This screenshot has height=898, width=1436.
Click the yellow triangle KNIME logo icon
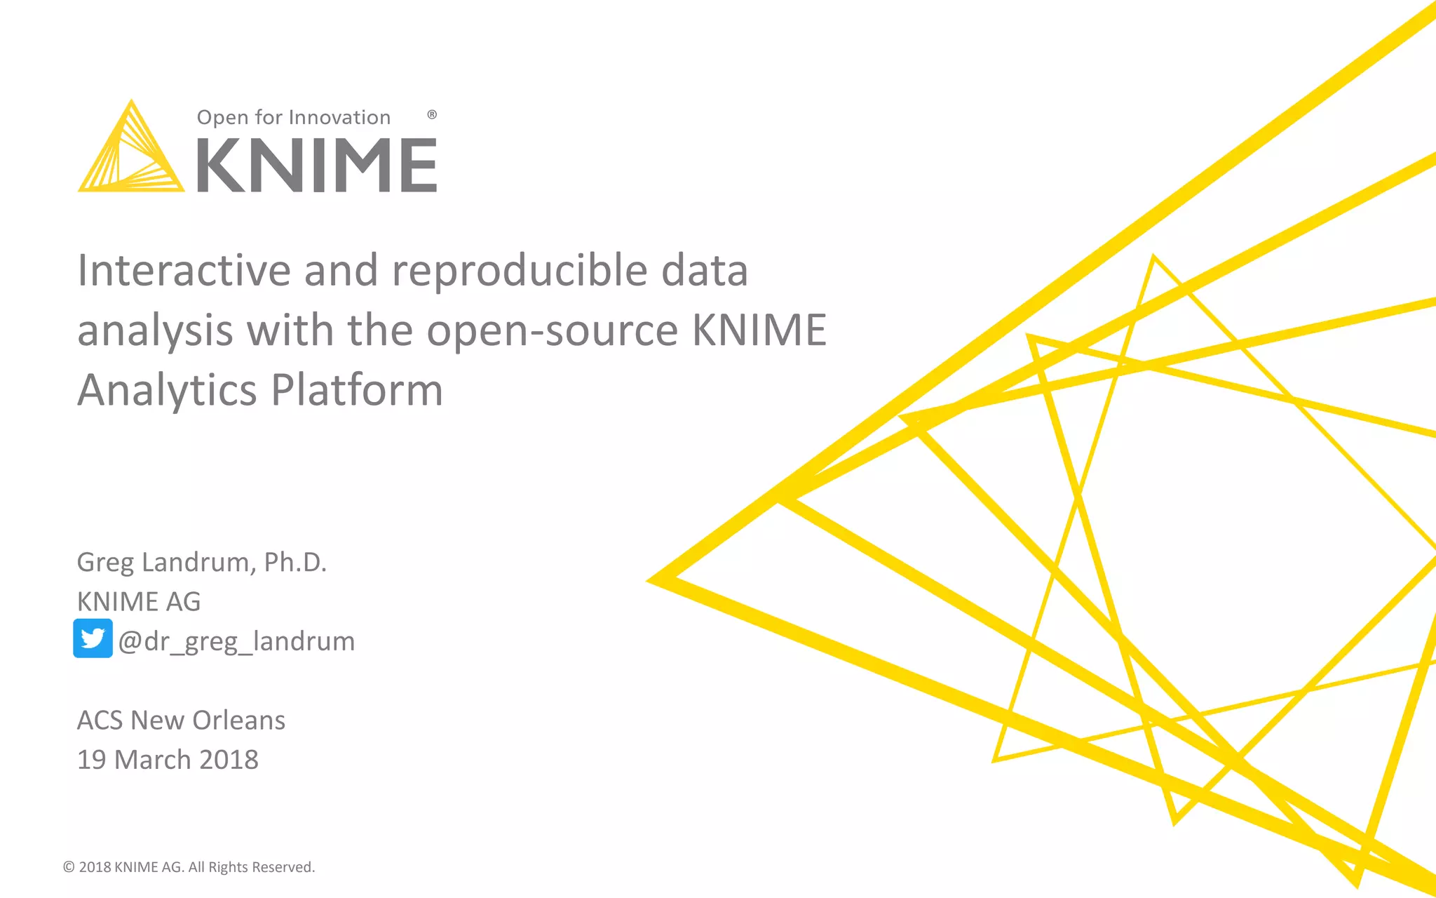130,151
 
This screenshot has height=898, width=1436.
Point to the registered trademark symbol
432,114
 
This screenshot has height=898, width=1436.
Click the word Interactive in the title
184,270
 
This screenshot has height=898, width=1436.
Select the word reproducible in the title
520,270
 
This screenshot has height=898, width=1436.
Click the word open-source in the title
553,330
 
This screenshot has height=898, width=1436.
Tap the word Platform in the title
357,390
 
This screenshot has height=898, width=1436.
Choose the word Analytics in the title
167,390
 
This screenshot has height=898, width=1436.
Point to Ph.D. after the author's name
295,562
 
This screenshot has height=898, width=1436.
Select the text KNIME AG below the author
139,601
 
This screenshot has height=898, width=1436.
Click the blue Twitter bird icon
93,638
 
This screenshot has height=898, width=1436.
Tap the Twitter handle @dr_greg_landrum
236,641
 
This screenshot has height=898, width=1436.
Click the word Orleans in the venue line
238,720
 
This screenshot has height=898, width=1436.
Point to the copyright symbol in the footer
69,867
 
